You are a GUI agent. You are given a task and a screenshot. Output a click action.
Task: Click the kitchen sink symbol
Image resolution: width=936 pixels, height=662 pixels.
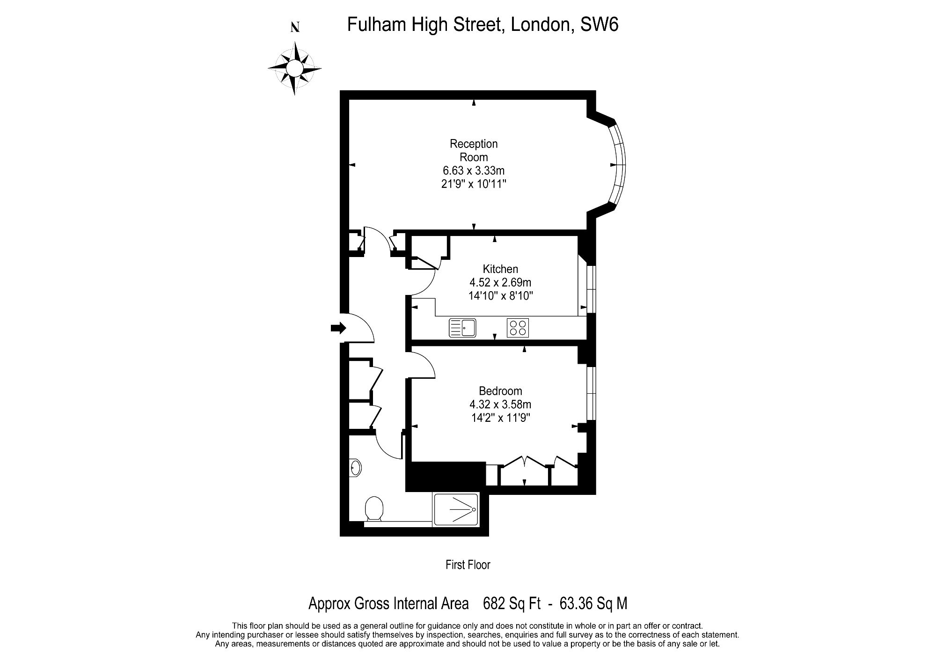pyautogui.click(x=462, y=328)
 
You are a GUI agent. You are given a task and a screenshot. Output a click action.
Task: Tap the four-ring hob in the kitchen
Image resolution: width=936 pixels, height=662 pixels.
pyautogui.click(x=518, y=328)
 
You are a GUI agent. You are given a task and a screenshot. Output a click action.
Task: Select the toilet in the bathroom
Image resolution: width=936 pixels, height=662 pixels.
pyautogui.click(x=374, y=509)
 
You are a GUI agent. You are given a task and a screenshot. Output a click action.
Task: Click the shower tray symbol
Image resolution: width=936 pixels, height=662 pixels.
pyautogui.click(x=456, y=509)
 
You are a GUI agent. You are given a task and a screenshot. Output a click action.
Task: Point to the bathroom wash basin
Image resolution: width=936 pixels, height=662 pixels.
pyautogui.click(x=355, y=467)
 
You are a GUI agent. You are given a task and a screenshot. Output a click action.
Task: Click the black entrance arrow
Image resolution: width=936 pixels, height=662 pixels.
pyautogui.click(x=338, y=328)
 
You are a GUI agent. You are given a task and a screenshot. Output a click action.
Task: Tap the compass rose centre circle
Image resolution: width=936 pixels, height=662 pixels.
pyautogui.click(x=294, y=69)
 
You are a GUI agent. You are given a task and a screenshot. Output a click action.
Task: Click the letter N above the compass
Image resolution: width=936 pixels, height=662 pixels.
pyautogui.click(x=295, y=28)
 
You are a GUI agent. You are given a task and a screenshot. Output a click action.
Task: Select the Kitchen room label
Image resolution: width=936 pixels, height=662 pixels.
pyautogui.click(x=500, y=269)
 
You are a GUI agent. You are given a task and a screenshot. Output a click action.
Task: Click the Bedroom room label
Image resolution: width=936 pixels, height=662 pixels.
pyautogui.click(x=500, y=391)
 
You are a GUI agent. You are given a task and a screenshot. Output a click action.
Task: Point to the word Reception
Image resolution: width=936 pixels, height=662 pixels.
pyautogui.click(x=474, y=144)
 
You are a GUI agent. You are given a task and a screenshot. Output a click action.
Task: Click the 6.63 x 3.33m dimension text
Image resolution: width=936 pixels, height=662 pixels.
pyautogui.click(x=474, y=170)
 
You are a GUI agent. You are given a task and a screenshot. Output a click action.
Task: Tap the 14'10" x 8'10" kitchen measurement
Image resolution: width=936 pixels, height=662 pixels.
pyautogui.click(x=500, y=296)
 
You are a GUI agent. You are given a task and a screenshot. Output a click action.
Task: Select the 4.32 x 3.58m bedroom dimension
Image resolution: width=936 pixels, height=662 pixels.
pyautogui.click(x=500, y=404)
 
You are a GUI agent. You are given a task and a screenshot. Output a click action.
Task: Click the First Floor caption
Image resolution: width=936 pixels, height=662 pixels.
pyautogui.click(x=468, y=565)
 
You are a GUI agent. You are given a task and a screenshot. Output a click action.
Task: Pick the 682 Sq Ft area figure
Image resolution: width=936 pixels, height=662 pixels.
pyautogui.click(x=512, y=603)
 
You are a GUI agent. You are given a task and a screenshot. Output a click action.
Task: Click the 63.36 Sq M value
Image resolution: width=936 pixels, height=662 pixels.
pyautogui.click(x=593, y=603)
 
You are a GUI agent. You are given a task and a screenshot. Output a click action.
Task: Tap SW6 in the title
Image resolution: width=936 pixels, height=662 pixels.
pyautogui.click(x=600, y=24)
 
